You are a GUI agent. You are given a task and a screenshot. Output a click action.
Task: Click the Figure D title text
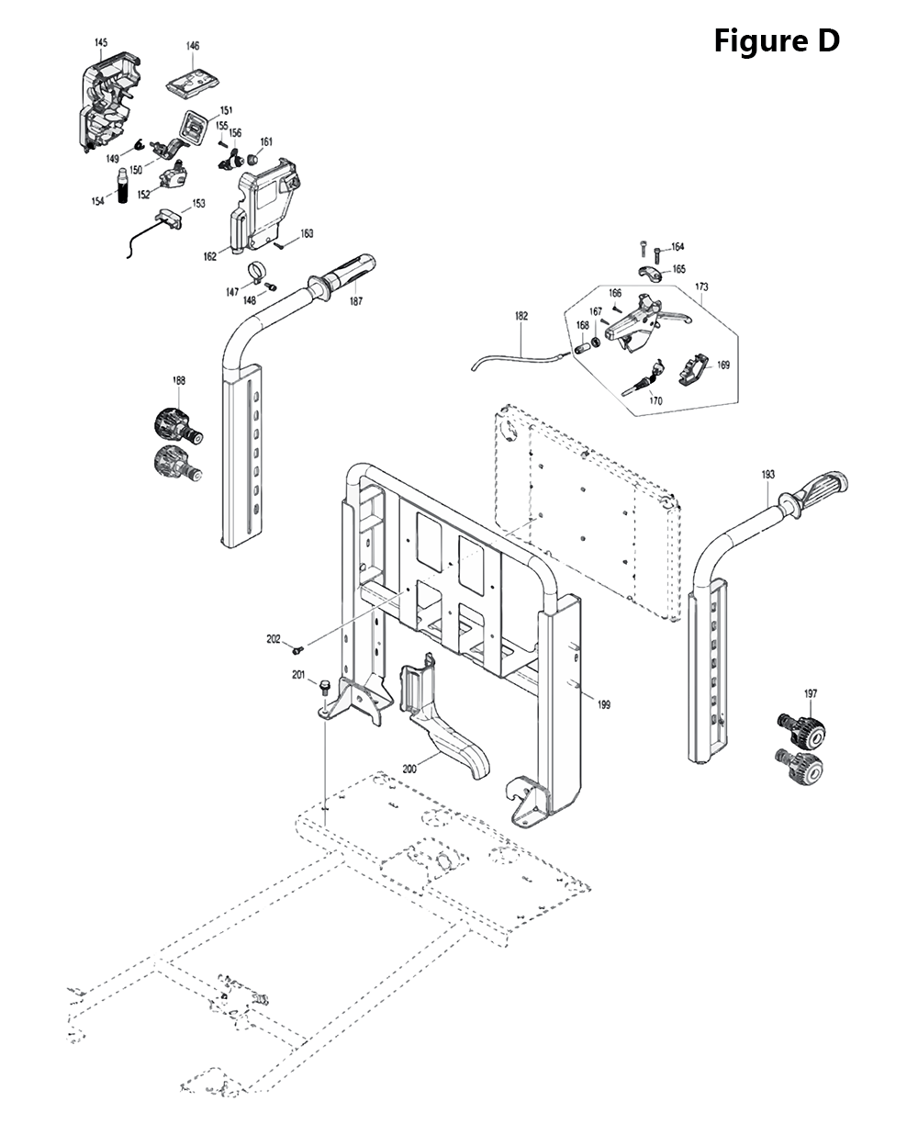click(x=777, y=40)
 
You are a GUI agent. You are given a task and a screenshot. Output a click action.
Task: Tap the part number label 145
click(x=101, y=43)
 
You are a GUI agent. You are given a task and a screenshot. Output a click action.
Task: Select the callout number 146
click(x=193, y=46)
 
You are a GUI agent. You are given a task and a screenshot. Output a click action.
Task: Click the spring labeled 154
click(x=123, y=185)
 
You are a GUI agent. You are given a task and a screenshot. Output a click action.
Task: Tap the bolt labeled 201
click(x=324, y=686)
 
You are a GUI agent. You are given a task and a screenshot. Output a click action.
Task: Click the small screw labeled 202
click(x=297, y=650)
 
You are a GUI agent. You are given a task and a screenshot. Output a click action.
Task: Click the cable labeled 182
click(x=514, y=359)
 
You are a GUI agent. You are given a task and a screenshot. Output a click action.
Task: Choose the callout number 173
click(x=701, y=287)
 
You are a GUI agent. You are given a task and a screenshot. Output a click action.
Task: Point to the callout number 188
click(x=179, y=380)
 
